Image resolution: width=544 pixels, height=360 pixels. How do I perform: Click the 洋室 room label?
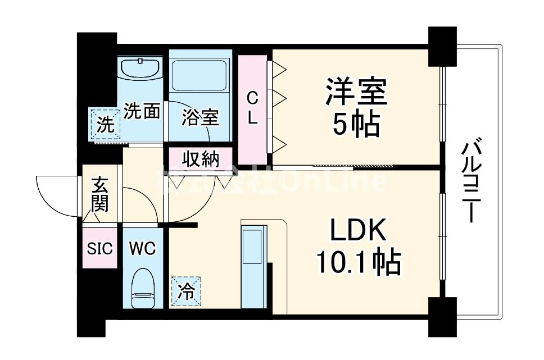click(356, 92)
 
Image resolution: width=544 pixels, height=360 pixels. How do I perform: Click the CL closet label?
click(253, 108)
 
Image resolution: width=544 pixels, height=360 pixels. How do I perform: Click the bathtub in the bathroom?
click(199, 75)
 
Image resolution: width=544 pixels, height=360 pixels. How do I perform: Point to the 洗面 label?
click(142, 111)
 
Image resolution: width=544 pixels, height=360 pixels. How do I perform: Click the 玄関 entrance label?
click(100, 194)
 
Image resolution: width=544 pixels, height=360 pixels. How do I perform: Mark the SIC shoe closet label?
click(100, 248)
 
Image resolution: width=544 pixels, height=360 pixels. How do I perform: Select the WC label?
click(142, 248)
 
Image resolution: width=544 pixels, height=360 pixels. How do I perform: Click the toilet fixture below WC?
click(142, 288)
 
